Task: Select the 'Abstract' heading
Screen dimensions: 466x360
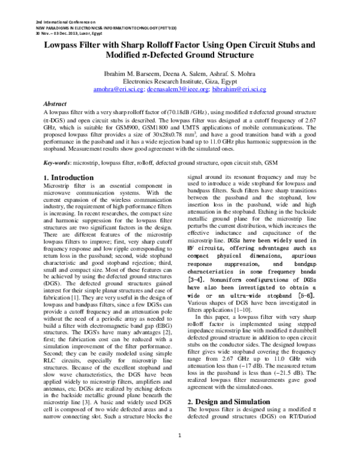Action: (56, 103)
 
